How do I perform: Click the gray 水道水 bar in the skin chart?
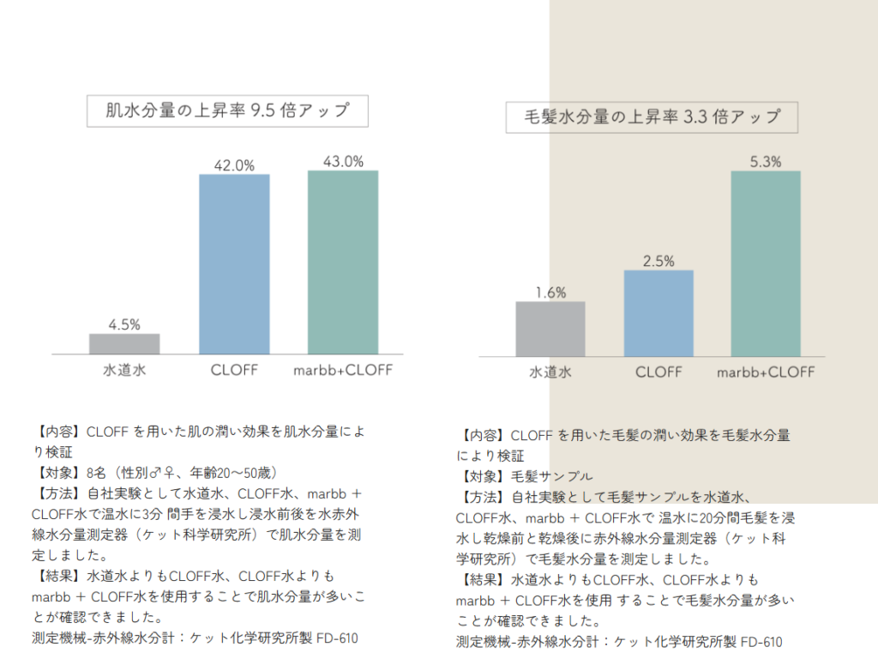124,344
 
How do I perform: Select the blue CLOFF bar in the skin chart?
234,264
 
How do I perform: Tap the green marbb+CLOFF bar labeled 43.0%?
343,263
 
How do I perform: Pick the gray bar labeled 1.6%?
550,329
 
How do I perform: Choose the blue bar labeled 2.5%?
658,313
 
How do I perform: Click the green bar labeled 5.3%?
766,263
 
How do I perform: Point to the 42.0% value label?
234,166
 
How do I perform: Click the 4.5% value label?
124,324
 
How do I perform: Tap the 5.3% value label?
766,162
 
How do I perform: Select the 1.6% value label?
550,293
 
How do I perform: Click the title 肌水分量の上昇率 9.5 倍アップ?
227,111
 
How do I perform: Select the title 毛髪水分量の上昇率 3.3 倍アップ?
652,117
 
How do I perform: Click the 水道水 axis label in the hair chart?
550,372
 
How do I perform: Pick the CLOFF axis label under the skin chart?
234,370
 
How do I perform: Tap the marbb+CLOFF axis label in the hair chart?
766,372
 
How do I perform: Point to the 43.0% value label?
343,162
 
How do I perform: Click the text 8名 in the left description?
96,473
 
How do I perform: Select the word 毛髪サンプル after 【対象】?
551,476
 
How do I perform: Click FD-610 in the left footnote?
336,638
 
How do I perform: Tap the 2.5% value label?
658,261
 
